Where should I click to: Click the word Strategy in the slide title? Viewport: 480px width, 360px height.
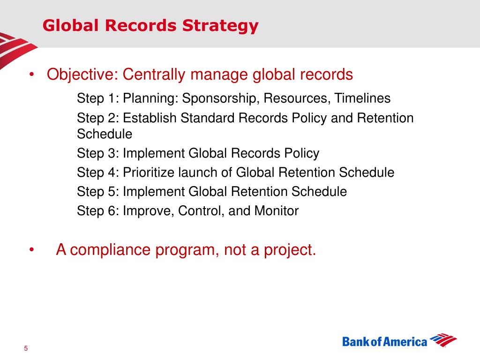[220, 26]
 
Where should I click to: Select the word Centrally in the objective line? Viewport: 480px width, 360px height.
[154, 75]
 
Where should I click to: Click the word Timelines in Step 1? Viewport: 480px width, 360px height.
[362, 98]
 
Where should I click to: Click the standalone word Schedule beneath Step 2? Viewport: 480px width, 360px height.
[105, 134]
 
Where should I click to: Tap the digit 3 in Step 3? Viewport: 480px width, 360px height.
[112, 153]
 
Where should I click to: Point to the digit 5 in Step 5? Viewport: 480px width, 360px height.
[112, 192]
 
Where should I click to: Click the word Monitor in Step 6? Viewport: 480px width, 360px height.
[277, 211]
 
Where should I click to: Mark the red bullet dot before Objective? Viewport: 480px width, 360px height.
[31, 75]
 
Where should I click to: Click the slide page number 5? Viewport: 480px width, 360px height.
[26, 348]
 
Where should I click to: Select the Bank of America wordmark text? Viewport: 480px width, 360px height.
[384, 342]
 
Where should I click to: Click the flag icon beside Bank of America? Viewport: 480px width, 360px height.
[443, 340]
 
